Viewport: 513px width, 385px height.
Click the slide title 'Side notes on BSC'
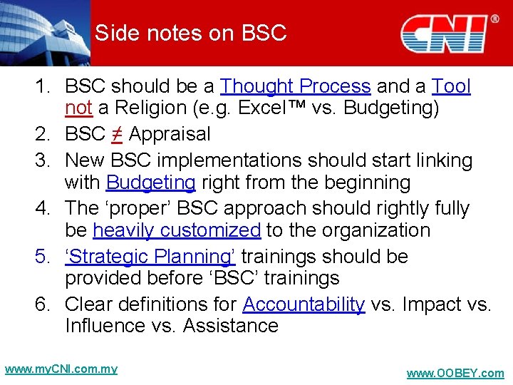[x=190, y=33]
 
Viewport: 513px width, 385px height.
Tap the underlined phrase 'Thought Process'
[x=296, y=86]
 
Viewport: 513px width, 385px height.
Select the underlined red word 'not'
[x=78, y=108]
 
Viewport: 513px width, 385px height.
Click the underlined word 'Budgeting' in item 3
[x=150, y=183]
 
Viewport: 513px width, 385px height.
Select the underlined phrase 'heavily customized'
[x=177, y=230]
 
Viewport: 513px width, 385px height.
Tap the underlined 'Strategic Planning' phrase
[x=150, y=256]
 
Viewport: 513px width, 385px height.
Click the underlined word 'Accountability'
[x=304, y=304]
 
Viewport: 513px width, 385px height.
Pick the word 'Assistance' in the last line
[x=230, y=326]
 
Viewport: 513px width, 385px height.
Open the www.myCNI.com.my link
[x=61, y=369]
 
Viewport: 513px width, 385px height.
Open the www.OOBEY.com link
[x=455, y=374]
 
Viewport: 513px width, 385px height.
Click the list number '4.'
[x=44, y=208]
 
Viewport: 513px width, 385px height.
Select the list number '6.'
[x=44, y=304]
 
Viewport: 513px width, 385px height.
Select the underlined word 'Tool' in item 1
[x=451, y=86]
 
